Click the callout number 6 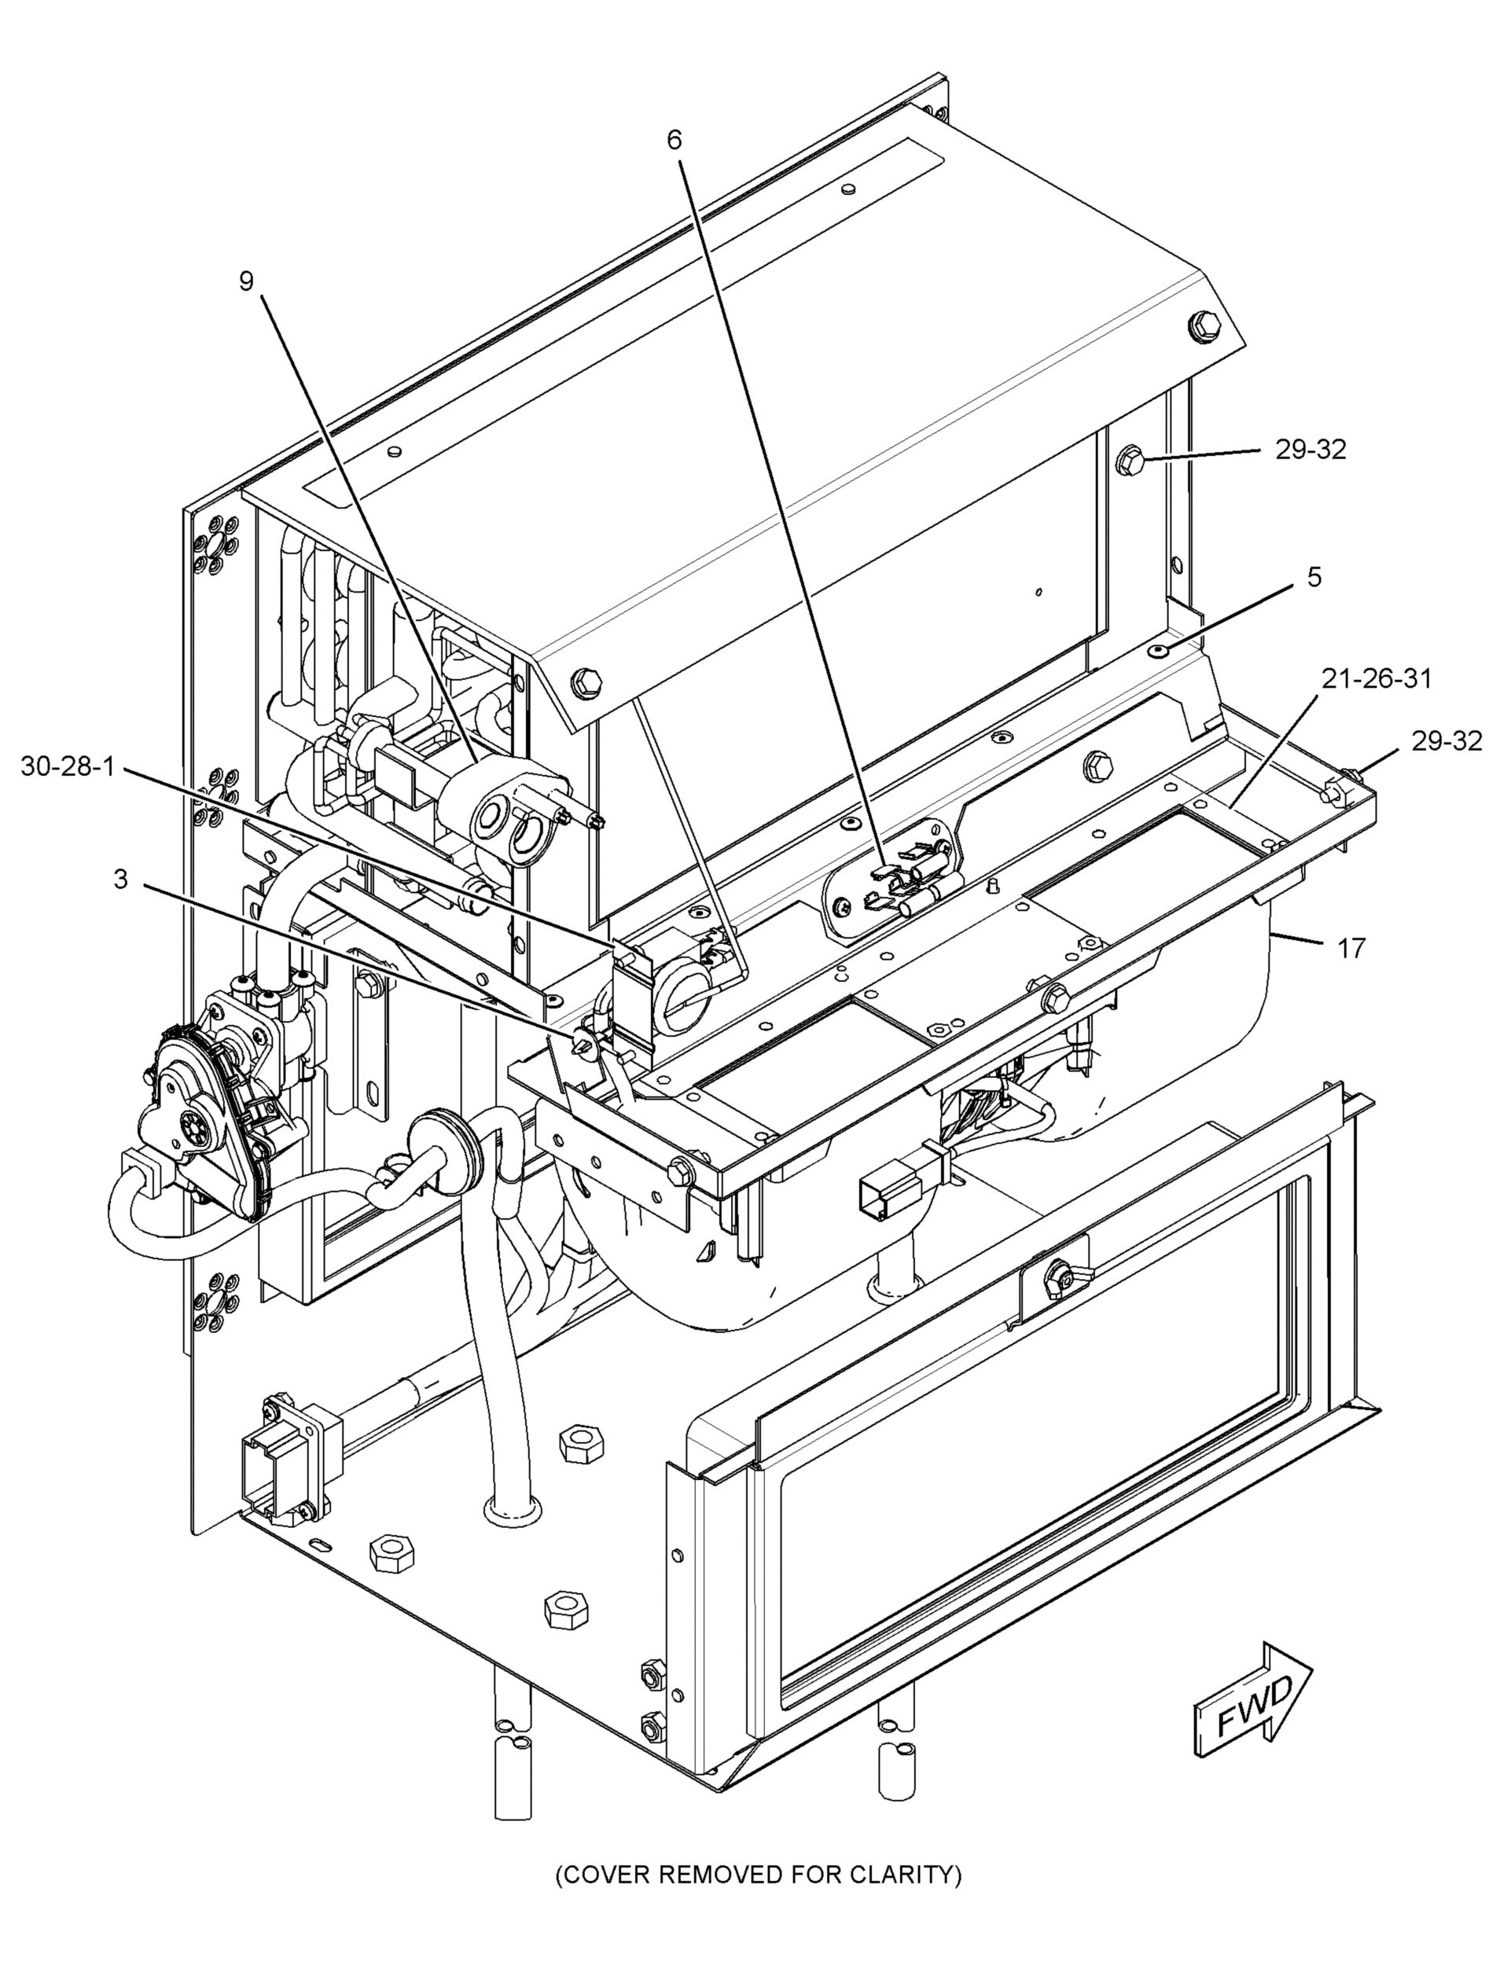pyautogui.click(x=674, y=140)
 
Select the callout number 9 pyautogui.click(x=246, y=281)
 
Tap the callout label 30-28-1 pyautogui.click(x=68, y=767)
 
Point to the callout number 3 pyautogui.click(x=120, y=880)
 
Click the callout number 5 pyautogui.click(x=1314, y=578)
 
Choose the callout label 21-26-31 pyautogui.click(x=1376, y=680)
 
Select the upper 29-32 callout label pyautogui.click(x=1310, y=450)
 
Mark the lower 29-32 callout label pyautogui.click(x=1446, y=740)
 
